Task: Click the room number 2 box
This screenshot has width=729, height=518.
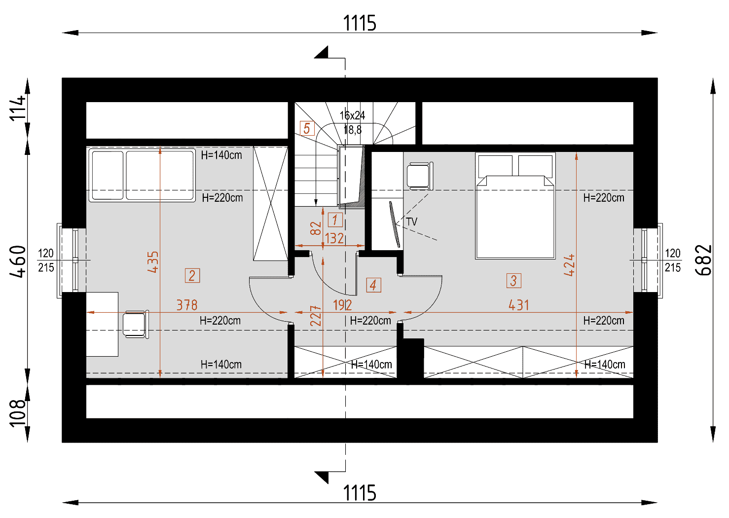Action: click(x=192, y=275)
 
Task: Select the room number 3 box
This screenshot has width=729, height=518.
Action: click(x=513, y=281)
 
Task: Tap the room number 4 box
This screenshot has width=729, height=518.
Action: click(x=373, y=285)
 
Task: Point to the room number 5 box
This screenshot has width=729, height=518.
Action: click(x=307, y=128)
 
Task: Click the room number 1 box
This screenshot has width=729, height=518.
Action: click(x=335, y=220)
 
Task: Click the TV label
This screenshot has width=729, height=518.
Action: click(x=411, y=222)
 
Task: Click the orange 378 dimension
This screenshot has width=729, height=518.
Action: click(x=187, y=305)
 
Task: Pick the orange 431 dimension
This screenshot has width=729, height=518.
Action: click(x=518, y=305)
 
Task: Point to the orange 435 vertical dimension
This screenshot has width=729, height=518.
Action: click(x=152, y=262)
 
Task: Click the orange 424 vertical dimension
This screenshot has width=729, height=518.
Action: click(x=569, y=265)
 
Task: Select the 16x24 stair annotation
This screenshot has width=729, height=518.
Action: click(x=352, y=115)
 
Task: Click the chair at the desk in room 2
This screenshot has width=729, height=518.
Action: click(x=136, y=324)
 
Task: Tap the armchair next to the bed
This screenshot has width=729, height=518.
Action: click(x=420, y=176)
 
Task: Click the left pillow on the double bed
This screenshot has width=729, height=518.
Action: click(x=495, y=166)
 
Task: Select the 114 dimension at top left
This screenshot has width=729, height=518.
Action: click(x=17, y=109)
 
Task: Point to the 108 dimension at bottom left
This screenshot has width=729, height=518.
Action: click(x=17, y=413)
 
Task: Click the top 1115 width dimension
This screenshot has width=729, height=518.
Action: click(x=360, y=23)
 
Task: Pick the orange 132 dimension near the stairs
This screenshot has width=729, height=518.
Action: click(x=334, y=238)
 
